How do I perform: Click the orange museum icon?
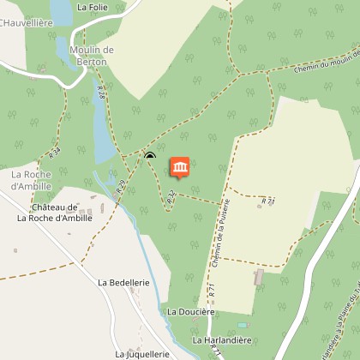[180, 166]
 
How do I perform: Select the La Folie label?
[93, 7]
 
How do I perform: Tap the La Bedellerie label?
[124, 282]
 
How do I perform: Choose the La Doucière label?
[190, 311]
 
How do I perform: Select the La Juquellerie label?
[144, 352]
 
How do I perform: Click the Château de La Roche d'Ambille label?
[55, 213]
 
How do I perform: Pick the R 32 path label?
[171, 196]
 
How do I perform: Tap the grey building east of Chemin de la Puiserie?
[258, 278]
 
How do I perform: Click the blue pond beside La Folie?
[62, 12]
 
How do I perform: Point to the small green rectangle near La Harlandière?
[242, 325]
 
